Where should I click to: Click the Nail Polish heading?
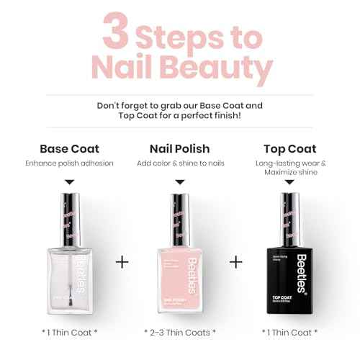click(180, 149)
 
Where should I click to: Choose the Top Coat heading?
click(289, 149)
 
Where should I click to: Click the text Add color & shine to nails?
click(180, 163)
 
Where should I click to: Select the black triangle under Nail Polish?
click(180, 183)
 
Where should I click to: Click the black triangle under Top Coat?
click(289, 183)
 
